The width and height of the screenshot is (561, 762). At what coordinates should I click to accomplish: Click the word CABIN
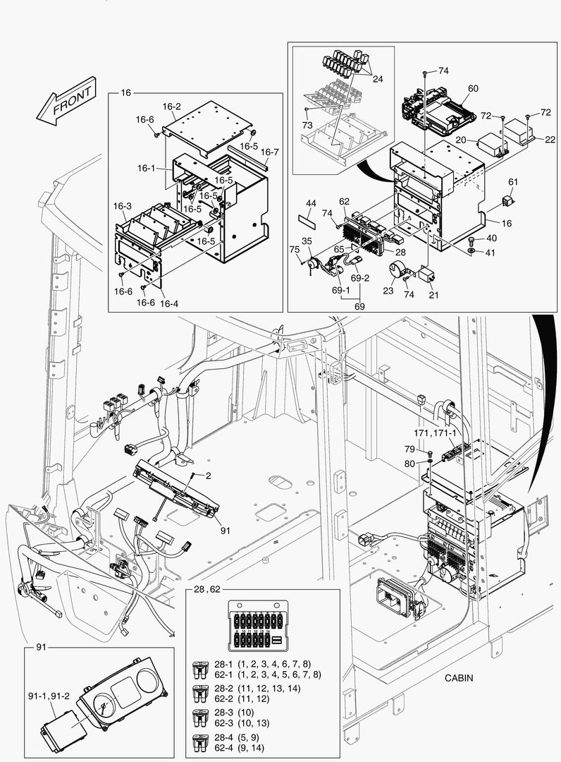pos(459,678)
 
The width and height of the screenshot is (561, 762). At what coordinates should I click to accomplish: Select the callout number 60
pos(473,88)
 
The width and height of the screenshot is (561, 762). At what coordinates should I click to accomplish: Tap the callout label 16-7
pos(270,152)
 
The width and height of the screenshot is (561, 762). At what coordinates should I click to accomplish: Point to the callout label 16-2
pos(172,107)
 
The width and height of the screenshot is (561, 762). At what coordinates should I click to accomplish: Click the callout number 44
pos(311,203)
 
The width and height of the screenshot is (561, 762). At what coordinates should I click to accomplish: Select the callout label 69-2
pos(361,279)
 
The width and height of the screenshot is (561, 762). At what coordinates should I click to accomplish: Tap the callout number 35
pos(307,241)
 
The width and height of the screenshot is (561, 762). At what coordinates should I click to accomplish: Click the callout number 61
pos(513,182)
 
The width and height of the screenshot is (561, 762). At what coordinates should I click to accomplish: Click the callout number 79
pos(409,449)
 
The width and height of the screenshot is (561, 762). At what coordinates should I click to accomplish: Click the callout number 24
pos(378,79)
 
